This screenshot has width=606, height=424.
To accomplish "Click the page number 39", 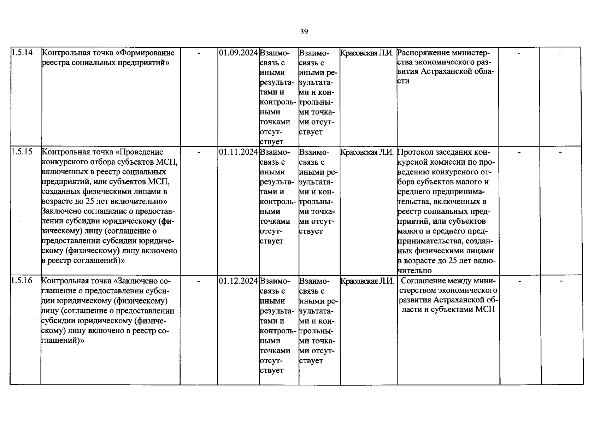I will tap(304, 32).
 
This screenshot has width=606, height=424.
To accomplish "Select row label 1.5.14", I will tap(22, 53).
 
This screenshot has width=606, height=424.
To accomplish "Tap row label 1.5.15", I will tap(22, 152).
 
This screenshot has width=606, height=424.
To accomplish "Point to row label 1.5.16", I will tap(22, 281).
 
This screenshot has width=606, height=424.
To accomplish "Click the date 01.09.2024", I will tap(238, 53).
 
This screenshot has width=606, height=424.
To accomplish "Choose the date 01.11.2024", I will tap(238, 152).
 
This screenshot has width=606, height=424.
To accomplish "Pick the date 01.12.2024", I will tap(238, 281).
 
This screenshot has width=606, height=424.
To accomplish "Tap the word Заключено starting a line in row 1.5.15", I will tap(58, 211).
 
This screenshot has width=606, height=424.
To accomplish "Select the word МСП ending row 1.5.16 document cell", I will tap(485, 310).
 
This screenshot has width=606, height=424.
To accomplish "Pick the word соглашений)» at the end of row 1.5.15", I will tap(99, 261).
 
